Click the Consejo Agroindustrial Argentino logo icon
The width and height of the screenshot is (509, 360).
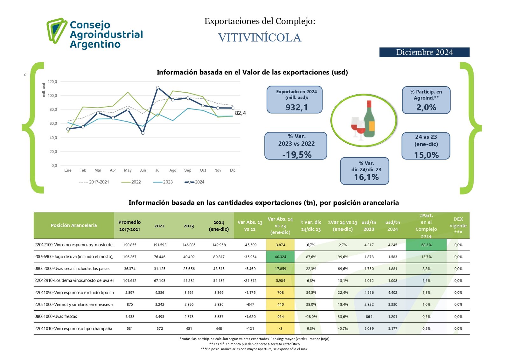pos(56,30)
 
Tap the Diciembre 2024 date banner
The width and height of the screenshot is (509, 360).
pos(424,52)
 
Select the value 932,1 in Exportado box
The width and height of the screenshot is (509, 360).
pos(296,107)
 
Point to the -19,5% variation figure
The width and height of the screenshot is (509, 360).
pos(297,155)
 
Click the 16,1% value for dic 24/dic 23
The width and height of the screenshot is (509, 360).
pos(366,177)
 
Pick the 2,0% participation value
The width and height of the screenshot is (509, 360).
pos(426,108)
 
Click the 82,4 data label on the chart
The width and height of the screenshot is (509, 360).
pos(240,113)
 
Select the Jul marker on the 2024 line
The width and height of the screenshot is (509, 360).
pos(158,88)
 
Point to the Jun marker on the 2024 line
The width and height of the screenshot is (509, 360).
pos(143,133)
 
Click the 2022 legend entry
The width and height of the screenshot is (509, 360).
pos(131,182)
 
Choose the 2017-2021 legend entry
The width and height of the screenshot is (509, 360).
pos(94,182)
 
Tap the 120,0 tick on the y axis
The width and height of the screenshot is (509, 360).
pos(52,82)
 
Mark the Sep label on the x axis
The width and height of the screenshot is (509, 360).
pos(188,170)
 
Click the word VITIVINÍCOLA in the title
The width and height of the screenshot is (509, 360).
pos(260,38)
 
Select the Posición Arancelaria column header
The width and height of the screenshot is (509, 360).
pos(73,225)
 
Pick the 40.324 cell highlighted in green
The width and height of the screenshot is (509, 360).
pos(280,257)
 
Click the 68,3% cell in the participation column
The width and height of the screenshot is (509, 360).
pos(426,245)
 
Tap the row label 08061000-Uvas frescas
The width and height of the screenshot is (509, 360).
pos(56,317)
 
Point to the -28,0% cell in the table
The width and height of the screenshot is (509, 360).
pos(311,317)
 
